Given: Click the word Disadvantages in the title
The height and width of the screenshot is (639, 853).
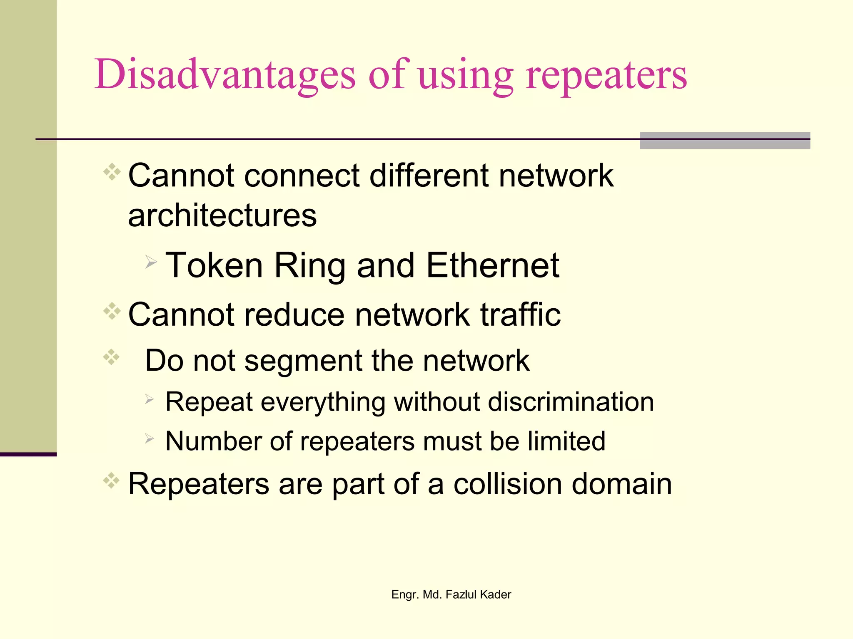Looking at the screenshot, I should [225, 75].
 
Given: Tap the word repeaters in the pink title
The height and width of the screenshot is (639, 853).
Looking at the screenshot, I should [606, 77].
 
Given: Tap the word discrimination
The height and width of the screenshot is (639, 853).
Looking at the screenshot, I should [571, 402].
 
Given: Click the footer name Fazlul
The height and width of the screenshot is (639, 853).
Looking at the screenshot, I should [461, 594].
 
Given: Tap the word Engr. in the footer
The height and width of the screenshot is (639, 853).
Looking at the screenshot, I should [405, 595].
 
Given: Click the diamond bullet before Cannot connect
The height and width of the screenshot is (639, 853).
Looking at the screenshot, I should [112, 172].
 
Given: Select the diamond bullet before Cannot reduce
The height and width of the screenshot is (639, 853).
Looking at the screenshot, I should [112, 311].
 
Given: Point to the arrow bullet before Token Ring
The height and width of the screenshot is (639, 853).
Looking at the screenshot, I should [151, 262].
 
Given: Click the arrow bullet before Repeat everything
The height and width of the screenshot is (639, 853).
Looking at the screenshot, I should [150, 400].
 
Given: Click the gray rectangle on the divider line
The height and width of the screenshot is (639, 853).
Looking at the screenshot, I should [725, 141].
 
